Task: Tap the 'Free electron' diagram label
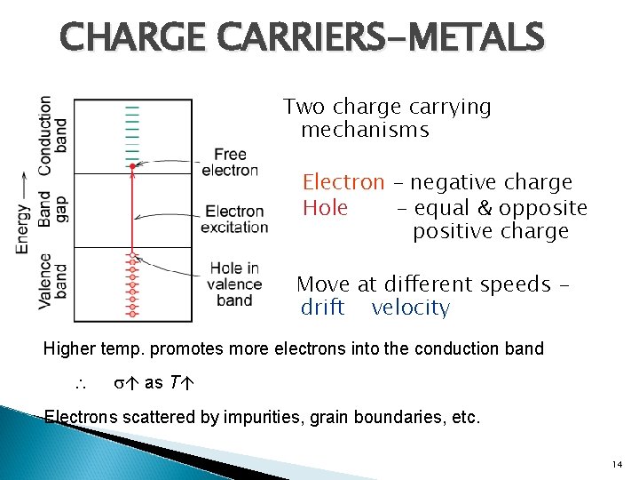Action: pos(230,163)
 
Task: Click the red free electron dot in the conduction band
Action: pos(132,166)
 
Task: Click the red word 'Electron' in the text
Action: pos(343,183)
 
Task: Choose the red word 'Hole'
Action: pos(324,208)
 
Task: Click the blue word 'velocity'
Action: pos(410,308)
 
